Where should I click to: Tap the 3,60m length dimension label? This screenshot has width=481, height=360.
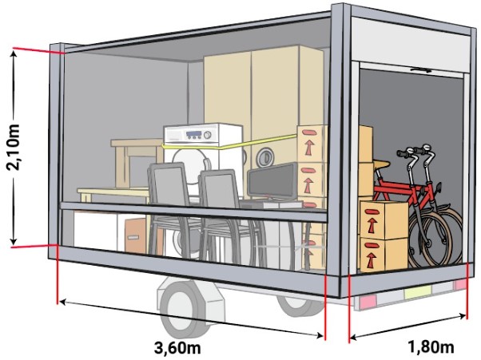coord(177,347)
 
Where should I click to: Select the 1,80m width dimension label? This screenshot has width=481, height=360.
coord(431,347)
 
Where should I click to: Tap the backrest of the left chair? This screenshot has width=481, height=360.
coord(169,185)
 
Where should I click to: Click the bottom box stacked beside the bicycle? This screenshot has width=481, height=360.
coord(382,251)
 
